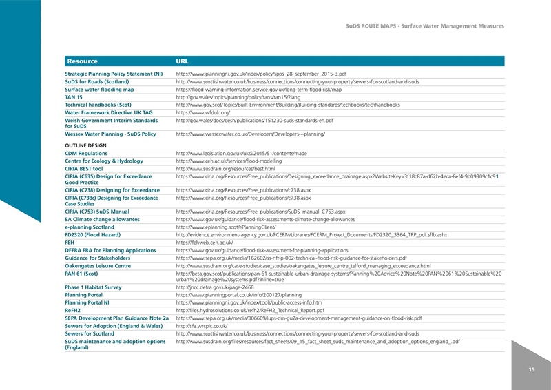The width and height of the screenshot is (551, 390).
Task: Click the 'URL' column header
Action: pos(183,61)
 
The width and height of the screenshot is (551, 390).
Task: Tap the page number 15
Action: pos(531,370)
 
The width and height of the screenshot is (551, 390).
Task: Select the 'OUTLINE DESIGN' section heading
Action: pos(85,145)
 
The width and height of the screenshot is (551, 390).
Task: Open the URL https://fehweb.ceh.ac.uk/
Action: pos(205,243)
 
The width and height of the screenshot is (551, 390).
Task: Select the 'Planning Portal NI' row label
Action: pos(92,302)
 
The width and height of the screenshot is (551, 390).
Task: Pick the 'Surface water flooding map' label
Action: pos(99,89)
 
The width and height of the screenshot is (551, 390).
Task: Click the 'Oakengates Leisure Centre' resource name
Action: pos(98,265)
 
